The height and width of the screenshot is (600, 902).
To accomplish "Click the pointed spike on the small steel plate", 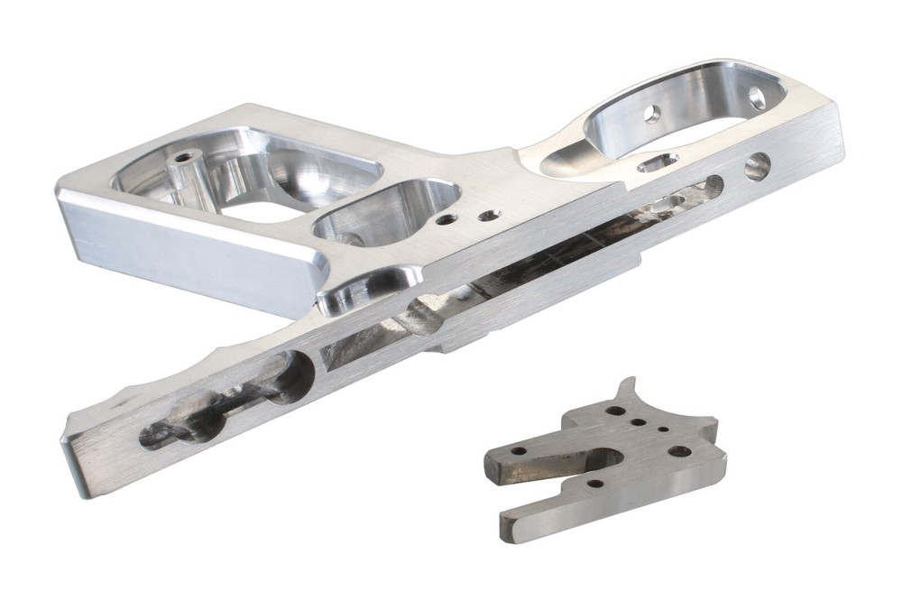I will [x=631, y=383].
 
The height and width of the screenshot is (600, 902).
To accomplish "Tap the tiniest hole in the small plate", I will [x=662, y=431].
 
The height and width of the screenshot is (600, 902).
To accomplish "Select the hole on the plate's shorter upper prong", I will [x=520, y=449].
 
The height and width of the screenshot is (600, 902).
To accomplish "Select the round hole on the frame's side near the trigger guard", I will [x=758, y=165].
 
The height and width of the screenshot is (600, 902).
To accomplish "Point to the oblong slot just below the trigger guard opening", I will [x=658, y=162].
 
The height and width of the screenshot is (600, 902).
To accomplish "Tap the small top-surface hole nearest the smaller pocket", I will [x=445, y=218].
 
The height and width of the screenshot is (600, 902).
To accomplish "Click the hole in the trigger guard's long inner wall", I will [x=651, y=114].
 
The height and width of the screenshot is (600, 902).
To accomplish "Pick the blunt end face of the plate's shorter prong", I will [x=492, y=463].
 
